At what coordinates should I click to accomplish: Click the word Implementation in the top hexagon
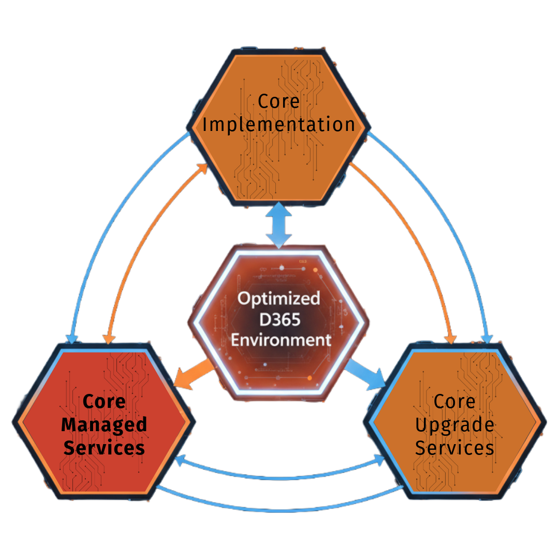click(x=278, y=125)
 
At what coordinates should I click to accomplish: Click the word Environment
click(x=281, y=340)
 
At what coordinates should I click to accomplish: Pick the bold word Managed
click(x=104, y=425)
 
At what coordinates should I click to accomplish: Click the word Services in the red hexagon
click(x=104, y=448)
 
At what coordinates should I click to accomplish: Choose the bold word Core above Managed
click(x=104, y=402)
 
